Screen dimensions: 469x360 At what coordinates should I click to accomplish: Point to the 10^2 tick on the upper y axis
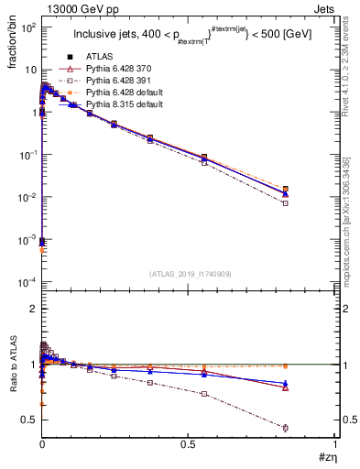pos(27,27)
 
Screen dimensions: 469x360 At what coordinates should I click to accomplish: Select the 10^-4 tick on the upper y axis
pos(27,280)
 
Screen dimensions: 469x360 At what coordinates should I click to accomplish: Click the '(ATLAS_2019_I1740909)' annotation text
pos(188,275)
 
